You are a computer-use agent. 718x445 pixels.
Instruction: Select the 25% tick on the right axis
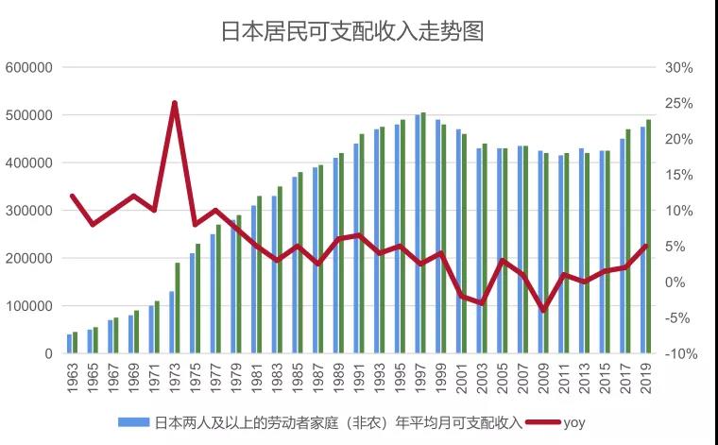click(x=680, y=104)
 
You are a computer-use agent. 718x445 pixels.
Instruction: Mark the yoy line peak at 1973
click(x=175, y=102)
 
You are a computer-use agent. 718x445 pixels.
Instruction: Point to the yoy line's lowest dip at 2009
click(x=543, y=311)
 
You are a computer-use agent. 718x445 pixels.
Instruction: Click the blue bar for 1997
click(x=418, y=234)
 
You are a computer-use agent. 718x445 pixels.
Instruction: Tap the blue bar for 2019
click(x=642, y=240)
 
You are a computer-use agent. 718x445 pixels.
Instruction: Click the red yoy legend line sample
click(x=536, y=421)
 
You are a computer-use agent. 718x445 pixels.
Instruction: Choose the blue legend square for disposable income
click(x=123, y=421)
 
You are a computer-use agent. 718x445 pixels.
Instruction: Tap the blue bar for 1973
click(x=172, y=322)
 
